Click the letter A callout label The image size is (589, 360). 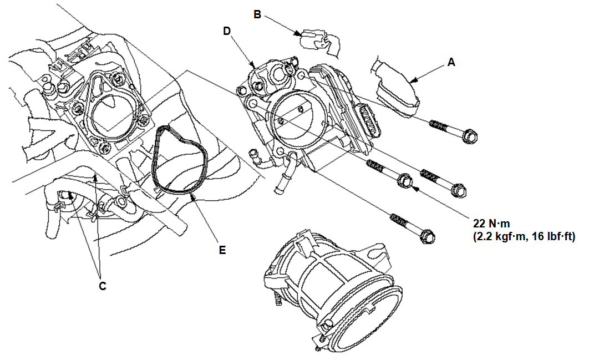click(451, 63)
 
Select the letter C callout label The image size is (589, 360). click(101, 286)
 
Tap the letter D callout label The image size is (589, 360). click(227, 31)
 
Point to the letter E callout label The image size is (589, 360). click(222, 250)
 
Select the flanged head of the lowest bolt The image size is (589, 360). click(426, 236)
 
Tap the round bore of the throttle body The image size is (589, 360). click(298, 121)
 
